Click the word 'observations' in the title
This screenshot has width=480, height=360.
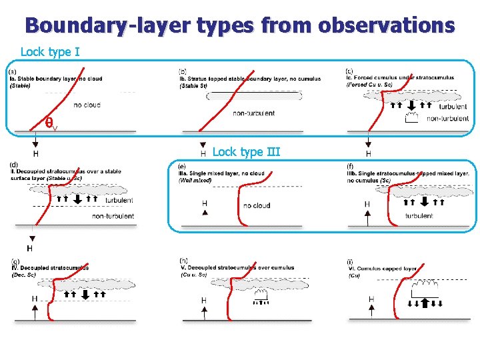(x=387, y=26)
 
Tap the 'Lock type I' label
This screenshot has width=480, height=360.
(x=51, y=51)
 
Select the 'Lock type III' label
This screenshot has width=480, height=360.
(x=246, y=152)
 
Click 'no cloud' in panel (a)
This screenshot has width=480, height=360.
(x=87, y=105)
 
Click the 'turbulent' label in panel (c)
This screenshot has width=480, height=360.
(x=453, y=107)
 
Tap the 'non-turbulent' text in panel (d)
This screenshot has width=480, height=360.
(x=113, y=216)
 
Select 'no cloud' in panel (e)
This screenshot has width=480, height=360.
(x=257, y=205)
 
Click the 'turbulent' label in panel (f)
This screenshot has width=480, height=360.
(x=419, y=216)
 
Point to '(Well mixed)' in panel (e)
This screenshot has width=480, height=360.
(x=195, y=181)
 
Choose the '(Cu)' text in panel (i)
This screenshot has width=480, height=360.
(x=354, y=275)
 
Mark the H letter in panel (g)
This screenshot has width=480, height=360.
(x=34, y=299)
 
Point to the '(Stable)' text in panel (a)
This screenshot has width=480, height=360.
(x=21, y=85)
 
